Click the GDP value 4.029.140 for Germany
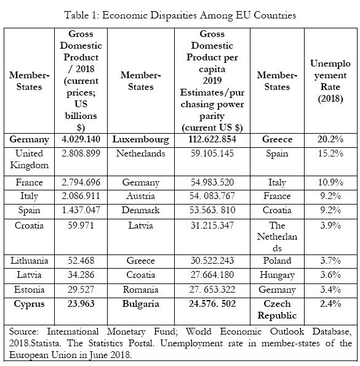pos(81,139)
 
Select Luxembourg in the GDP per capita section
pos(140,140)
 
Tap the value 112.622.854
pos(212,139)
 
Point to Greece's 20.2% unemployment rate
pos(330,139)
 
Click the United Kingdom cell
pos(29,159)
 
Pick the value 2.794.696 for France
pos(81,182)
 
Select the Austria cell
pos(140,196)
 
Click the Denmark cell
pos(140,210)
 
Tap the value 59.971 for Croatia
pos(81,226)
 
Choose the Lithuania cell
pos(29,261)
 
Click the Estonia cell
pos(29,290)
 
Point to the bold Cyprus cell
pos(29,304)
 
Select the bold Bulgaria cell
pos(140,304)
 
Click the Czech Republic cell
pos(277,309)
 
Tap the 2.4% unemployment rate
pos(330,304)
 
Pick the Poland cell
pos(277,261)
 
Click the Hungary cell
pos(277,275)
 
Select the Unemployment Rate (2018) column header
pos(330,81)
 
